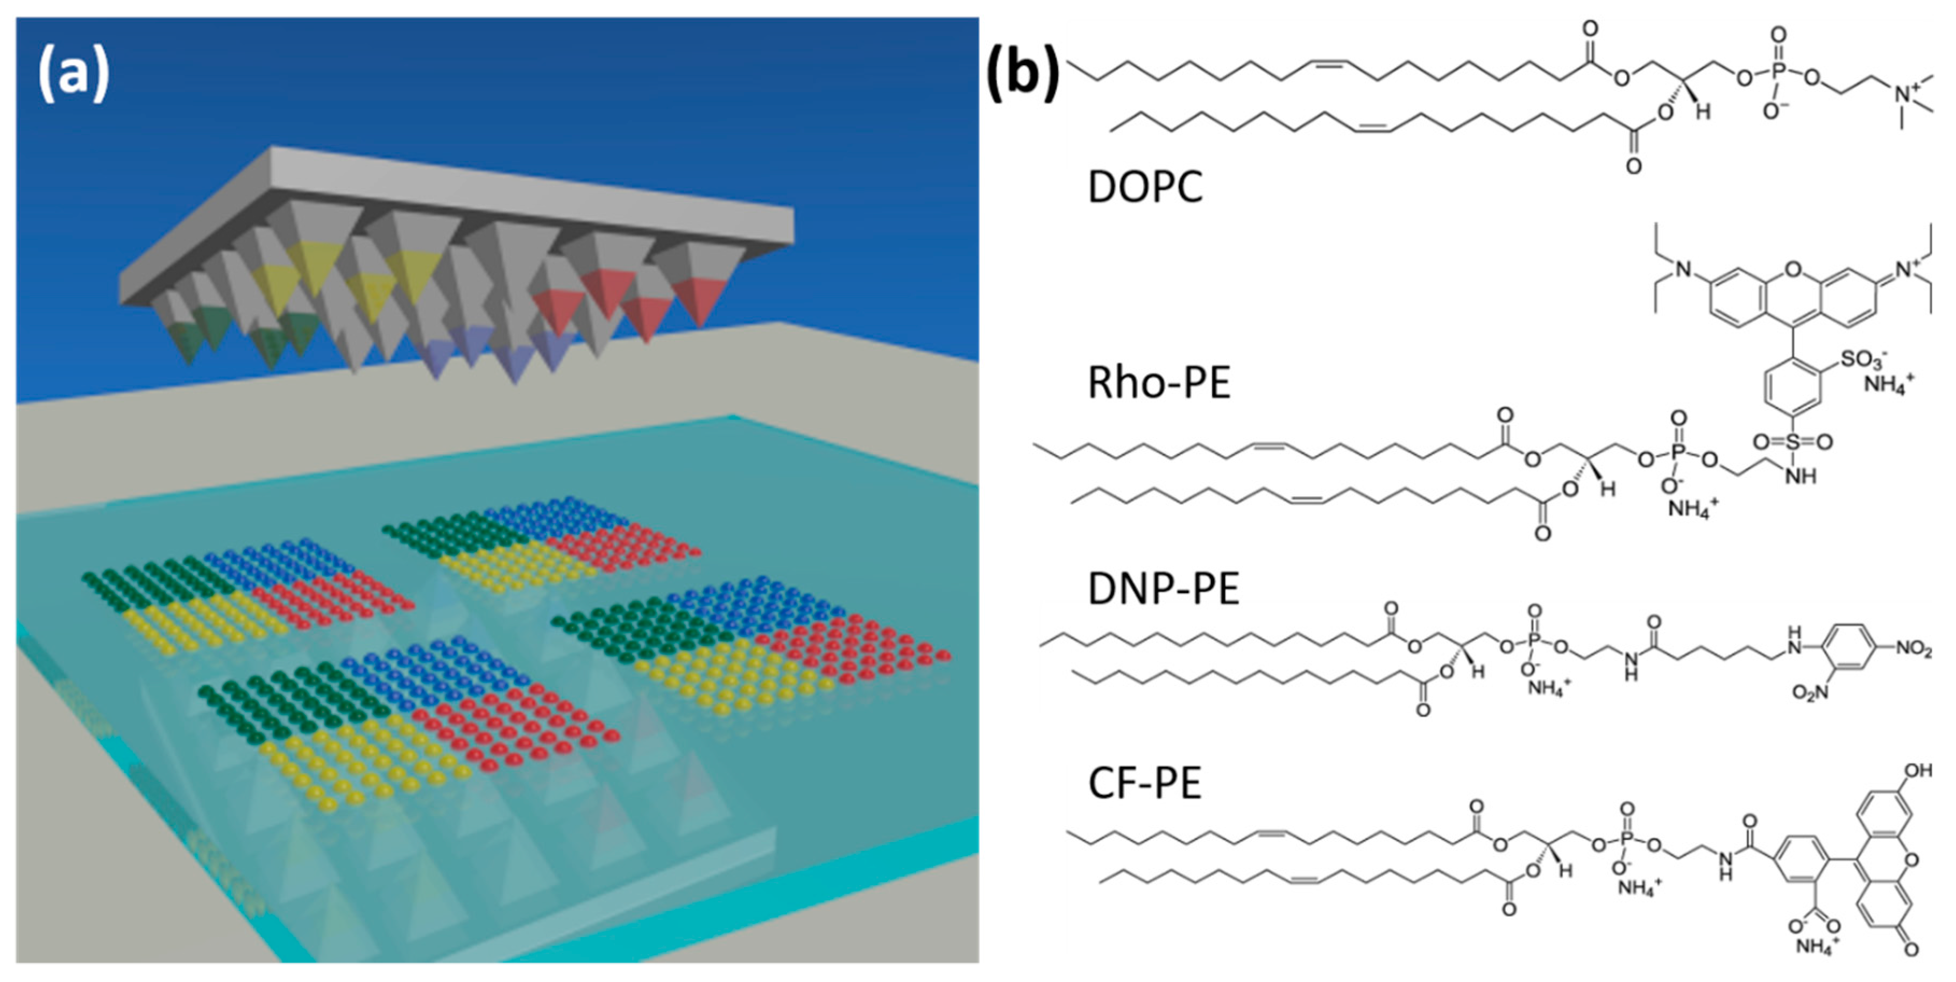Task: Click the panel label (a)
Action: [74, 74]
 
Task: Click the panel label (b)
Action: [1023, 74]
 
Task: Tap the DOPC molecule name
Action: [1145, 187]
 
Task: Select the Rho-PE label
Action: [1159, 383]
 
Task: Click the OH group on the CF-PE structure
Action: [1917, 771]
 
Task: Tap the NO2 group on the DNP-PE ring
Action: [1914, 649]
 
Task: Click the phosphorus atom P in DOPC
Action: [1777, 70]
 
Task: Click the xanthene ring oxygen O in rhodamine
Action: [1793, 270]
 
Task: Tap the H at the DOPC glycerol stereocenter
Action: [1703, 112]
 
